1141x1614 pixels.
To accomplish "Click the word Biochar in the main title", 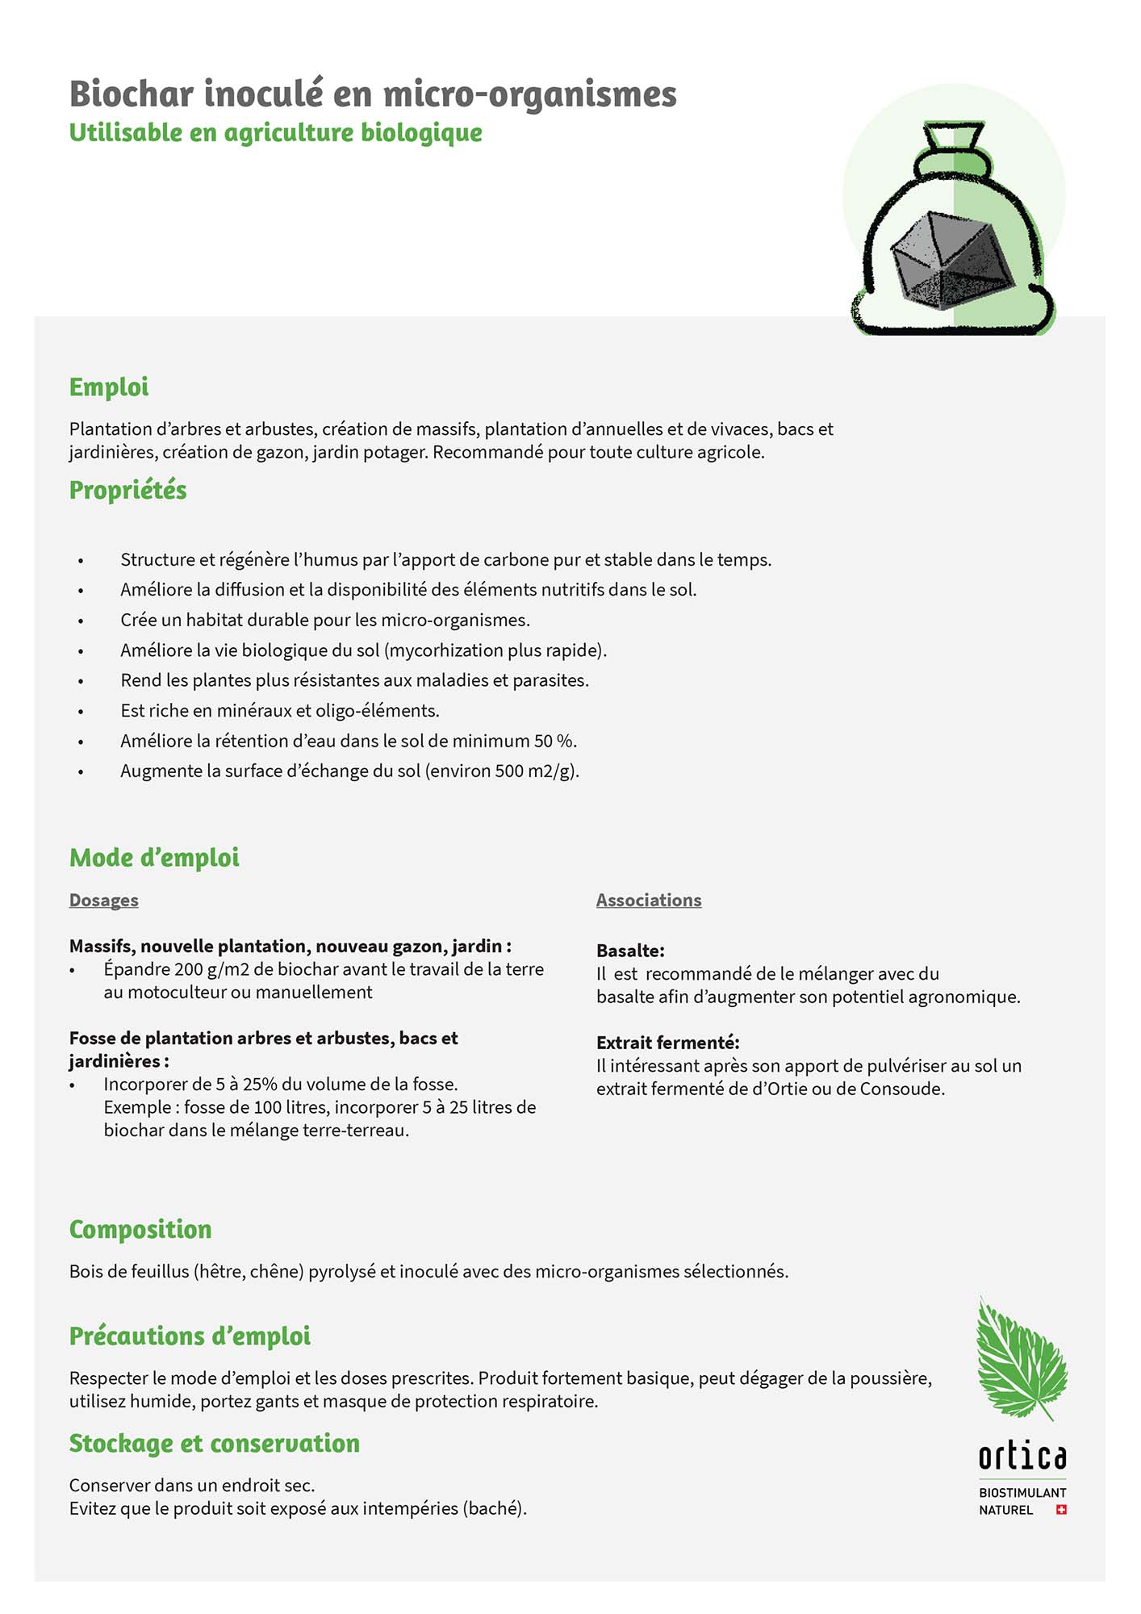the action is pos(132,94).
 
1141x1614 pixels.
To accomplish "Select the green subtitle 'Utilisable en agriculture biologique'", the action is pos(275,132).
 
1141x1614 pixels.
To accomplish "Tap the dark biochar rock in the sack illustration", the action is pos(952,261).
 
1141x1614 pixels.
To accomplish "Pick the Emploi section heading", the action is pos(109,387).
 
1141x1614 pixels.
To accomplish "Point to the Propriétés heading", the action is pos(127,490).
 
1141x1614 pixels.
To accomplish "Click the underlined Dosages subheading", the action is pos(103,900).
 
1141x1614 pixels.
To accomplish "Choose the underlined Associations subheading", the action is pos(649,900).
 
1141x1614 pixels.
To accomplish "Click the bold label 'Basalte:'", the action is pos(630,951).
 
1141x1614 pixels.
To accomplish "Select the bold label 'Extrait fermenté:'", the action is pos(667,1043).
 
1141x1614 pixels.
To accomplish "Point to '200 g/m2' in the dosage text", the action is pos(211,969).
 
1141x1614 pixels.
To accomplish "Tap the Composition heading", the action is pos(140,1229).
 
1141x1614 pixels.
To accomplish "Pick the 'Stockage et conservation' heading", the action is pos(214,1443).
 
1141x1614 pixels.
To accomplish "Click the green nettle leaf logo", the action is pos(1020,1358).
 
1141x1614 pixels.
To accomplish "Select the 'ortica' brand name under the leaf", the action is pos(1022,1457).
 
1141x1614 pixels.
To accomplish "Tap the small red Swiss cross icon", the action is pos(1061,1510).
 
